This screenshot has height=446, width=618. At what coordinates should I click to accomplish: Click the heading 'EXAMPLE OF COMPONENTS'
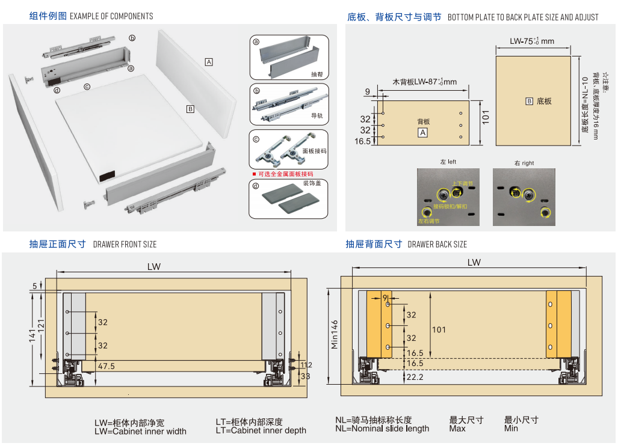111,16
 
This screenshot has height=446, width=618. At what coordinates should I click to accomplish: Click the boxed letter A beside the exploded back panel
209,62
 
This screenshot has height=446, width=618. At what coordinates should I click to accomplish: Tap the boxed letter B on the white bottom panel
190,109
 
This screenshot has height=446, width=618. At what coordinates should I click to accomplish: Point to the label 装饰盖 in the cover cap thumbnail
312,183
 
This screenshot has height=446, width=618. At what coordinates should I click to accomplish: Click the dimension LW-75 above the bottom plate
531,41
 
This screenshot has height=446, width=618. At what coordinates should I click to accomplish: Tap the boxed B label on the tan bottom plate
530,101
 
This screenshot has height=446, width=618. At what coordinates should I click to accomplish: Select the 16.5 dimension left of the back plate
363,141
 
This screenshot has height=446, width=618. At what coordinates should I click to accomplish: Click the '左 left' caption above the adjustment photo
448,162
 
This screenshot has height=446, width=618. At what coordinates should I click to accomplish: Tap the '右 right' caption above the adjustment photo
524,163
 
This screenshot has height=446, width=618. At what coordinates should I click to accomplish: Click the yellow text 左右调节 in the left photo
428,221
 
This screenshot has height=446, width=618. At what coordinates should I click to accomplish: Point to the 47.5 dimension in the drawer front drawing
107,365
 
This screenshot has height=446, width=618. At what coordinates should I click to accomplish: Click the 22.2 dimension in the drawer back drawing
415,377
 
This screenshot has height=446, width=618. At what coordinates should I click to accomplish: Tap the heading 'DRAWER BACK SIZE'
437,244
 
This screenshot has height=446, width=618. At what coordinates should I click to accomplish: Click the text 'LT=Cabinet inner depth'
261,430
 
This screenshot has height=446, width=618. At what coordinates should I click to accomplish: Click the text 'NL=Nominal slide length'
382,429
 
